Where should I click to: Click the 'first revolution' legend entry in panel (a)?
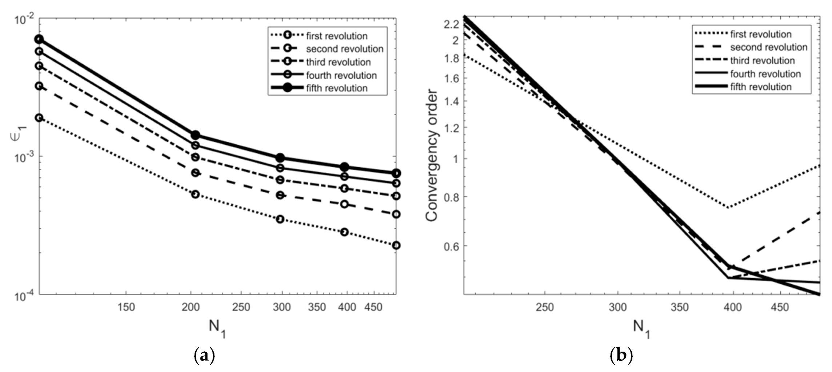coord(336,36)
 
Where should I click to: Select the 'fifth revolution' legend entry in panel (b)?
coord(761,87)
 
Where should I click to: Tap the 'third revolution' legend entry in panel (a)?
coord(338,62)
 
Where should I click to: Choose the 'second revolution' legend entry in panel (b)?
coord(769,47)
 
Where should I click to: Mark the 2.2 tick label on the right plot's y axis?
coord(451,25)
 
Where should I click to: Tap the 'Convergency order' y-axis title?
coord(432,155)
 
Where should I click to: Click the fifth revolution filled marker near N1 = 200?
coord(195,135)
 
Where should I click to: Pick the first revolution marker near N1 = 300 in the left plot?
coord(280,219)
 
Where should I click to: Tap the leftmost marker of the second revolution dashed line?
coord(39,86)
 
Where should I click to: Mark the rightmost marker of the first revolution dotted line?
coord(396,245)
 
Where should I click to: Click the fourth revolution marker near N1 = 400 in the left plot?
coord(344,176)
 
